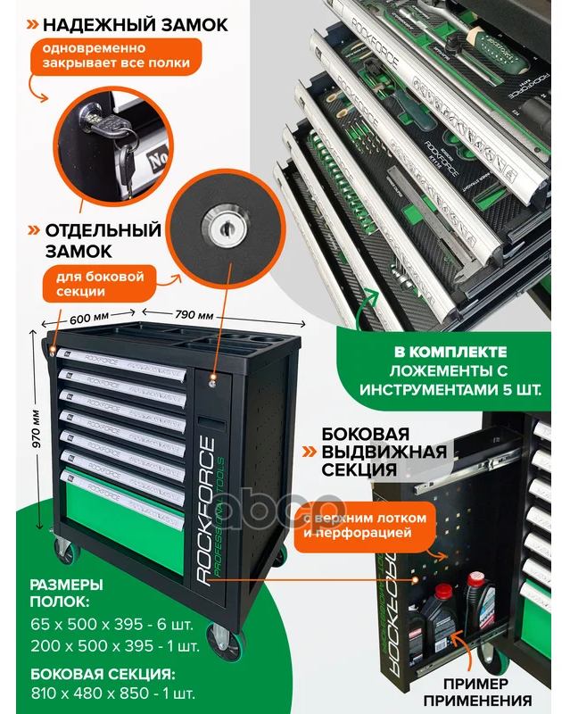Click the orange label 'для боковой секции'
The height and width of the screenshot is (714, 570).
(x=96, y=283)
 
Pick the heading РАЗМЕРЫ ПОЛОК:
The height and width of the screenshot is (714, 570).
(x=66, y=594)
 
